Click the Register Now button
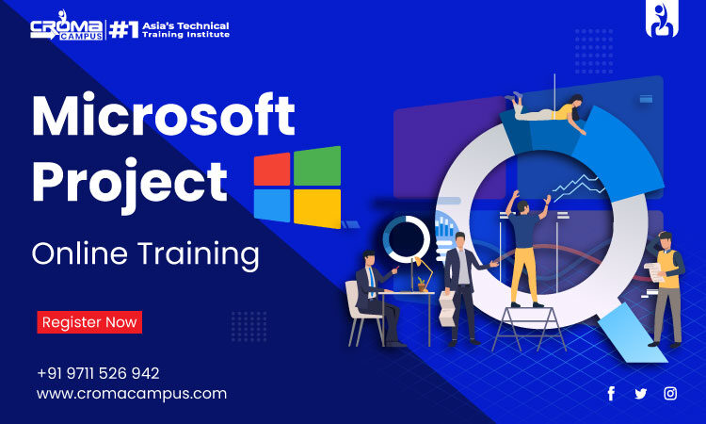(x=89, y=322)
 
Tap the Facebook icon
(x=611, y=393)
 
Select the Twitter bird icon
(x=641, y=393)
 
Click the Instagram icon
(x=670, y=393)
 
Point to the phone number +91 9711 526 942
(x=98, y=373)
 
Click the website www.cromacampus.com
(x=132, y=394)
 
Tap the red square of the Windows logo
(x=272, y=169)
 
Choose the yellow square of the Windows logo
(x=317, y=208)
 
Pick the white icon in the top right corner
(x=663, y=21)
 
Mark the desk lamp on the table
(x=421, y=273)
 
